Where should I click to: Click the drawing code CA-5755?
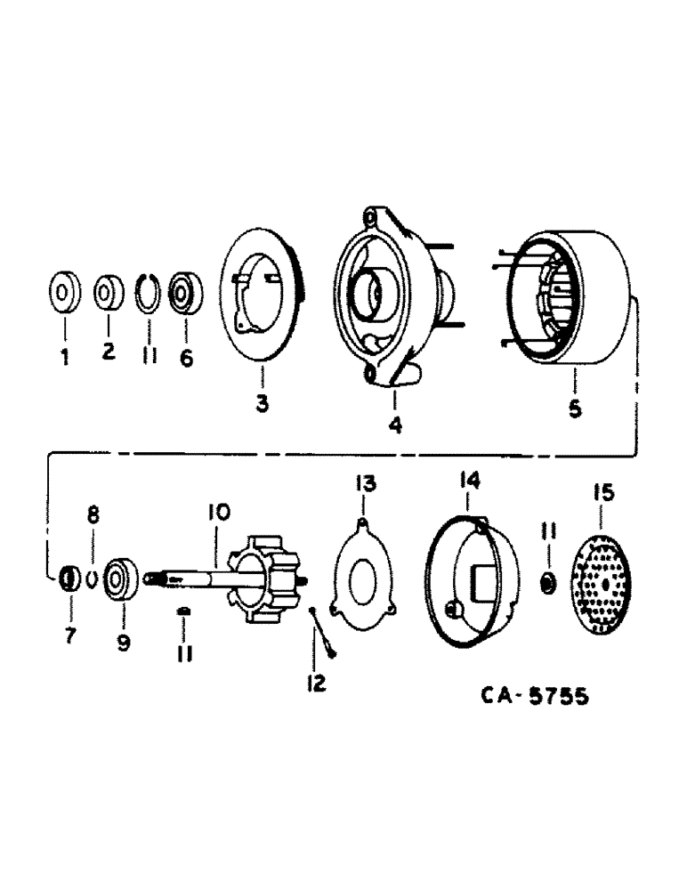click(529, 696)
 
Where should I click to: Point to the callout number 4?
click(394, 425)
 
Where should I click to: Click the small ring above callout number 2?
click(107, 292)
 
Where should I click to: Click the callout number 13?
click(366, 483)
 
